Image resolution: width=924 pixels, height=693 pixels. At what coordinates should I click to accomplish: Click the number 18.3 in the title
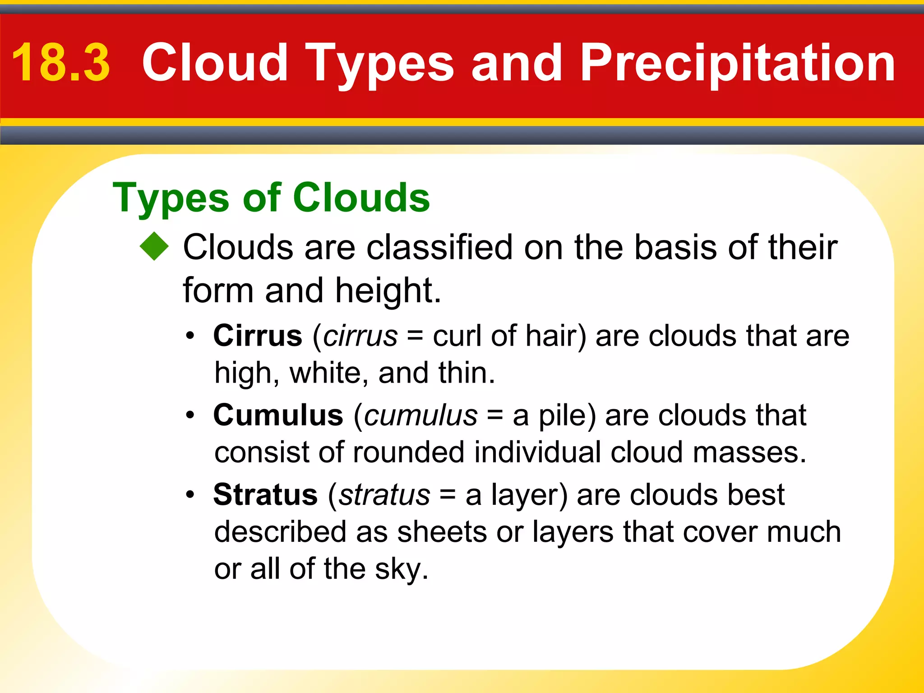[x=61, y=63]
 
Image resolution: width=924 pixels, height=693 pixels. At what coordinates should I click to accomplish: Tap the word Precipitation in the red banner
[x=738, y=63]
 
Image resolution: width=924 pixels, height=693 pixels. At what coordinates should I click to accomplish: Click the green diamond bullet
[x=154, y=246]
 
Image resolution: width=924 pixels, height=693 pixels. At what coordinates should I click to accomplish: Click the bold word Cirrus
[x=258, y=336]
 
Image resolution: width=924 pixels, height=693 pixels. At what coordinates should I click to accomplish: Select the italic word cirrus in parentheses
[x=360, y=336]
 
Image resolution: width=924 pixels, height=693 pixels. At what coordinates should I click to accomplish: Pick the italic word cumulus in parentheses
[x=420, y=415]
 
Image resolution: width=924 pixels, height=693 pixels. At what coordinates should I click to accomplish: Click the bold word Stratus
[x=265, y=495]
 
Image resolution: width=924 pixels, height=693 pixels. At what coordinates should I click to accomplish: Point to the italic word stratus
[x=384, y=495]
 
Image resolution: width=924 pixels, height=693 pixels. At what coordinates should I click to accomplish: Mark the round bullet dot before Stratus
[x=190, y=495]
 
